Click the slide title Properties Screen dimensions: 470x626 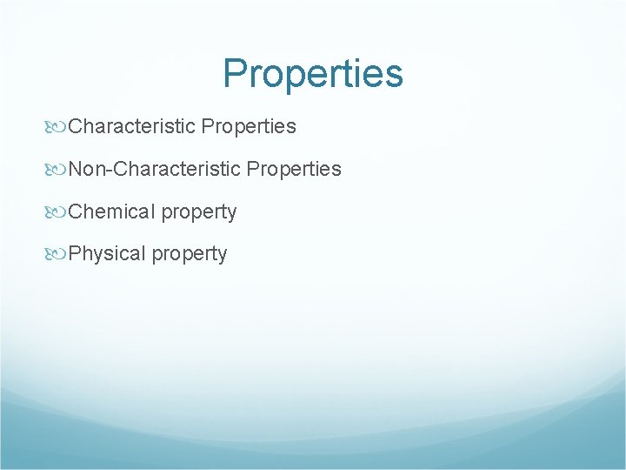(313, 74)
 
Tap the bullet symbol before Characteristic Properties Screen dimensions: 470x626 (59, 127)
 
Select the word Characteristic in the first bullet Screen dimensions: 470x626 (131, 126)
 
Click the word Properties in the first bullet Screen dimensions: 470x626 (248, 127)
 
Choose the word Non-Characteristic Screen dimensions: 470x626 (154, 169)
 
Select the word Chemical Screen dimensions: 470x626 (110, 211)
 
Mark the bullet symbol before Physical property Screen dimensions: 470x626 (59, 254)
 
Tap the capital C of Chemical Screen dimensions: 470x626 (75, 211)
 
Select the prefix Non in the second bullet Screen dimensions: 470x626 (87, 169)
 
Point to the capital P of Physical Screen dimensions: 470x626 (75, 254)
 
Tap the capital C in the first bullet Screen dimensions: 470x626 (75, 126)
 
